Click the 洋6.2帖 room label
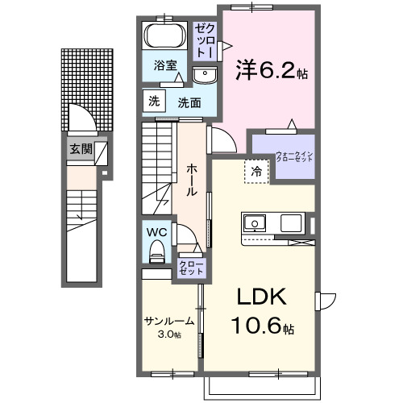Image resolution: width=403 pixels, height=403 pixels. [271, 71]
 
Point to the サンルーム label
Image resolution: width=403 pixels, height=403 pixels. [168, 322]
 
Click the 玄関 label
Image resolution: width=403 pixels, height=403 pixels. [80, 148]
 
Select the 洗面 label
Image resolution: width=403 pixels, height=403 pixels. [189, 102]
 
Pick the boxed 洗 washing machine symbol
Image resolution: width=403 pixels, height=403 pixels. [153, 101]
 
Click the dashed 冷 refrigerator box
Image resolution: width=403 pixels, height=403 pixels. [255, 170]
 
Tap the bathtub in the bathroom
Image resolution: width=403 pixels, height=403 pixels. [165, 37]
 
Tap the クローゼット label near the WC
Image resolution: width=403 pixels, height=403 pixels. [191, 267]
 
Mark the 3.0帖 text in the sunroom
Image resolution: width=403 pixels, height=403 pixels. [169, 334]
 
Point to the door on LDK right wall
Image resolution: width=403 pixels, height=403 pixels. [325, 301]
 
